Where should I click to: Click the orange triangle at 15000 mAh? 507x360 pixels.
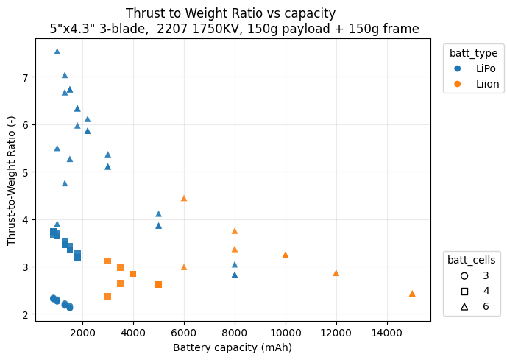click(x=412, y=293)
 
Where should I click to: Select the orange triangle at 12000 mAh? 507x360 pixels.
click(x=336, y=272)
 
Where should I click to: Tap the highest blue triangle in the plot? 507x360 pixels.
click(x=57, y=52)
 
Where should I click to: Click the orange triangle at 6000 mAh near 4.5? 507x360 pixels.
click(x=184, y=198)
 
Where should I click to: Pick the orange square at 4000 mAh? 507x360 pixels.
click(x=133, y=274)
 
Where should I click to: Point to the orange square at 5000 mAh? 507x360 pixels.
click(x=158, y=284)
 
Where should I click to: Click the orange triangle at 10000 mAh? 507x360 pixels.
click(x=286, y=255)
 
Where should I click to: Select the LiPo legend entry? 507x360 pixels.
click(x=475, y=68)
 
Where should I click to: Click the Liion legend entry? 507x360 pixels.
click(x=475, y=84)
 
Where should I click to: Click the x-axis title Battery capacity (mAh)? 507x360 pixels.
click(x=233, y=347)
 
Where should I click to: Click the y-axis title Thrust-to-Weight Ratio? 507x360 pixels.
click(x=11, y=181)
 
